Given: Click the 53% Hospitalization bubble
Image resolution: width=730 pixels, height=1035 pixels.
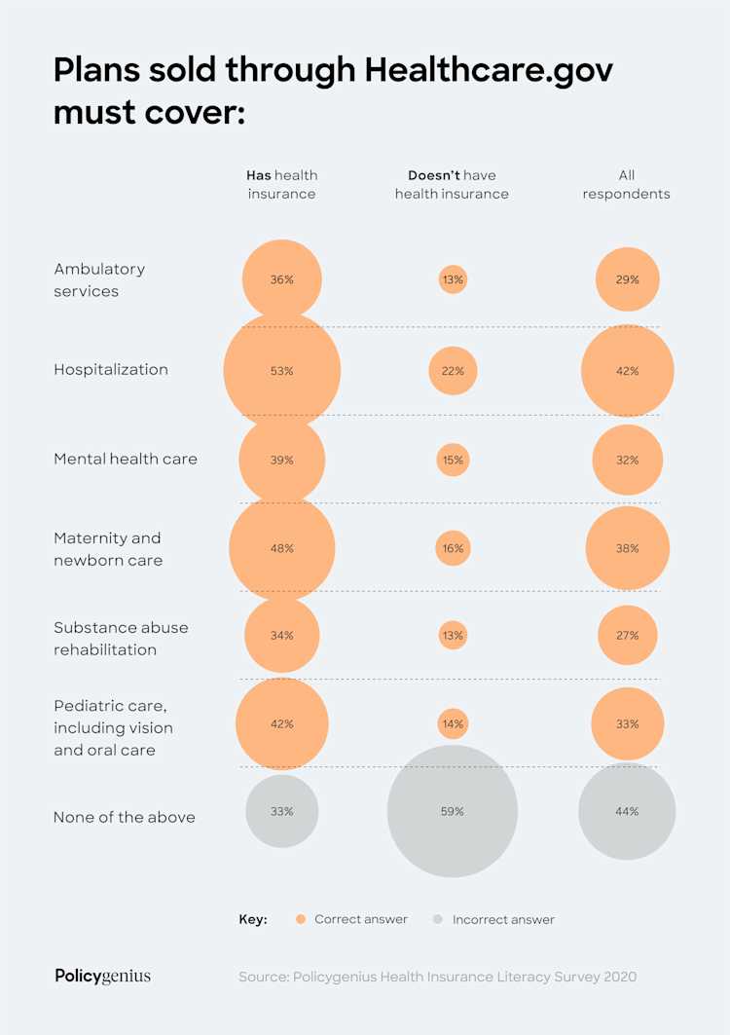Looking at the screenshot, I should (282, 371).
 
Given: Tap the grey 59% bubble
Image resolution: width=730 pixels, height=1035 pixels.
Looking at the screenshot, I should (453, 811).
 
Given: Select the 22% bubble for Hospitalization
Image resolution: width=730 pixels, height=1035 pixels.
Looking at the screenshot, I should (453, 371).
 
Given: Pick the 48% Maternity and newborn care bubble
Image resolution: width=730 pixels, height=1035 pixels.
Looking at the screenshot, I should (282, 548).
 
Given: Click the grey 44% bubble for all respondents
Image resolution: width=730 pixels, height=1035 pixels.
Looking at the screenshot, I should (627, 811).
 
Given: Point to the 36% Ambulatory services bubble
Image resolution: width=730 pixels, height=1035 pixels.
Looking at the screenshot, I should (282, 279).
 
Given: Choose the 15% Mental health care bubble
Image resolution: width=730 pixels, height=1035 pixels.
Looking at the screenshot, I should (453, 460).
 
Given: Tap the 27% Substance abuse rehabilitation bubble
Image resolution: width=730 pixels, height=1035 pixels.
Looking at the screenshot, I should (627, 636).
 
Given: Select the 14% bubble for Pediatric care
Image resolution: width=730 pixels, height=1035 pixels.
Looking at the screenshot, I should (453, 724).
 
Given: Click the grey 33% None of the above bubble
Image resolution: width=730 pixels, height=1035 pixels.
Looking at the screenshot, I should (282, 811).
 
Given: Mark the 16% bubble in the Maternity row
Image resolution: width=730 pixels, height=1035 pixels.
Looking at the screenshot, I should (453, 548).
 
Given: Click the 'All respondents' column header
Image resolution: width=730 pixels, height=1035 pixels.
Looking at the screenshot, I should (627, 184).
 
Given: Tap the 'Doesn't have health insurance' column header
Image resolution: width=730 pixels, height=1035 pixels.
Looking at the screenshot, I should (452, 184).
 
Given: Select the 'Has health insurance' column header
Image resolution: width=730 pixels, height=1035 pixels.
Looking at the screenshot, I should (282, 184).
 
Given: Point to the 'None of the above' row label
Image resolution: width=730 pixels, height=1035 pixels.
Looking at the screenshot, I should (125, 818).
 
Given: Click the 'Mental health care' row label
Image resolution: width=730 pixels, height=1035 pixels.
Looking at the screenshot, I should (126, 459).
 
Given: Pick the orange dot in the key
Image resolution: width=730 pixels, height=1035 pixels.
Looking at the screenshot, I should (301, 919).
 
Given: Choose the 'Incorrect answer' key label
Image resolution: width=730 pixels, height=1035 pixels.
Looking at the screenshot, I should (503, 919).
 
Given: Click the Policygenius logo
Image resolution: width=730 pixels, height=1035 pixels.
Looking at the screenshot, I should (103, 976).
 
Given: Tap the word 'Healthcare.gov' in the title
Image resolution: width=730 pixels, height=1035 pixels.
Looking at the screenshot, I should (489, 71).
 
